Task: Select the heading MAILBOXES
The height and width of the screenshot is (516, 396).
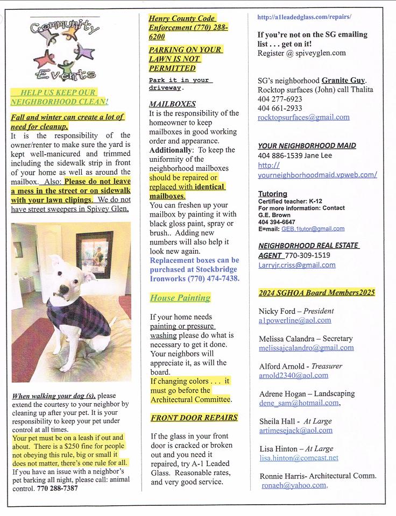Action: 172,104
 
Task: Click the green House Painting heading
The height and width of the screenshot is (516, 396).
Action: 180,298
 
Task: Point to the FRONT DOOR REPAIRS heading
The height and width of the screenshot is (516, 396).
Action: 194,418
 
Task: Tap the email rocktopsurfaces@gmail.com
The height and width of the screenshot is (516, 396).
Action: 303,117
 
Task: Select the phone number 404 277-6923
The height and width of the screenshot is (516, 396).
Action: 280,99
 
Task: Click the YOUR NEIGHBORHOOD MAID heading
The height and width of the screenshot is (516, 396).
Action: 307,146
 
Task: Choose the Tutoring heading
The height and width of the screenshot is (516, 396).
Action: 272,193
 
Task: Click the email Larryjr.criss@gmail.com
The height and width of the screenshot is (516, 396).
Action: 296,265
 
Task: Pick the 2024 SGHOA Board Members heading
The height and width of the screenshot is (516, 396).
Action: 316,293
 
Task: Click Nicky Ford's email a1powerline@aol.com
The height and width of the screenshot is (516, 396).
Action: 294,320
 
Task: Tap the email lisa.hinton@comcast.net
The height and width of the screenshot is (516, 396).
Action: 298,458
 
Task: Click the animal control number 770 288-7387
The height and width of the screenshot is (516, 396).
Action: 58,489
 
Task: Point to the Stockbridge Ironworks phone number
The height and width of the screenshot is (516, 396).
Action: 213,279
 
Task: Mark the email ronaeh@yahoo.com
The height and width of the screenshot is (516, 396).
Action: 294,485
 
